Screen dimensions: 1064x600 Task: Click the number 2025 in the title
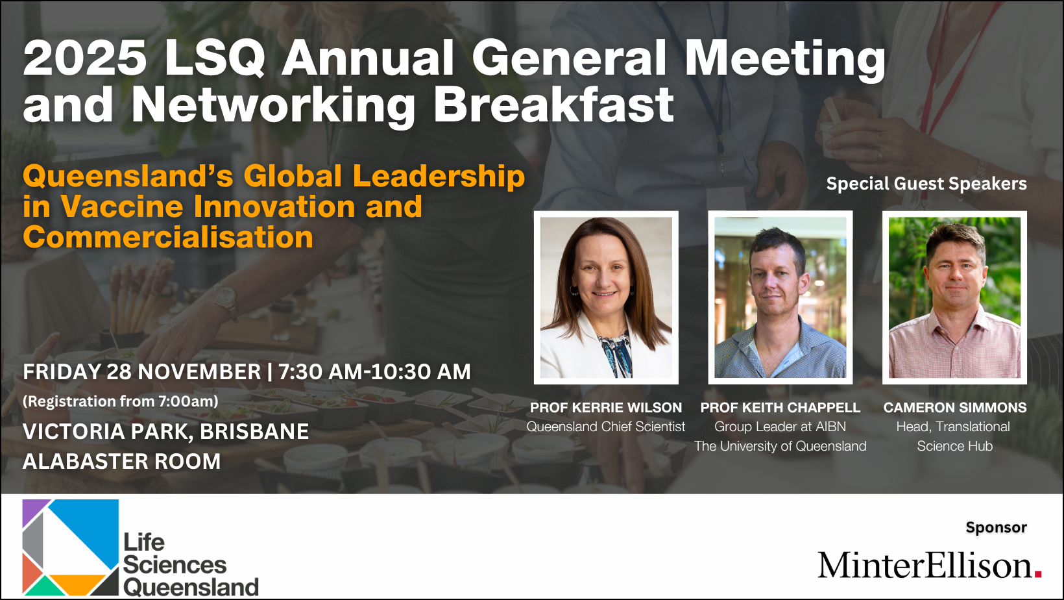(84, 58)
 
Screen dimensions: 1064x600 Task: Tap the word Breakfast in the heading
(554, 105)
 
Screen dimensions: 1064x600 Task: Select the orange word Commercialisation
(168, 237)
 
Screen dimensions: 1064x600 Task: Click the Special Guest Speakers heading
(926, 184)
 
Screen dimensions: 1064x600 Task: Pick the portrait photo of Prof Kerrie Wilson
(606, 297)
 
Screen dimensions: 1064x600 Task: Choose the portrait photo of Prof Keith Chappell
(780, 297)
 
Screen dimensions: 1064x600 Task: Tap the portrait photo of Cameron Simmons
(955, 297)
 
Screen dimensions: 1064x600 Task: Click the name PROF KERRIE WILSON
(606, 407)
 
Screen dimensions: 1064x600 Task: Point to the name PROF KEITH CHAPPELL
(780, 407)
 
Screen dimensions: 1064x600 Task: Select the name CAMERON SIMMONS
(955, 407)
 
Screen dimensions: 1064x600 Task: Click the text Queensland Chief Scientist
(606, 427)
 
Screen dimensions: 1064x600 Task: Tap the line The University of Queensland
(780, 446)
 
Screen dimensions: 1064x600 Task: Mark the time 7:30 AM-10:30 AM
(375, 372)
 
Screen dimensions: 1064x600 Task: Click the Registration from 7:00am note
(121, 401)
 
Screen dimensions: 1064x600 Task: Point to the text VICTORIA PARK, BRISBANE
(166, 432)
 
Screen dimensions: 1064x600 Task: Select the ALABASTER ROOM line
(121, 462)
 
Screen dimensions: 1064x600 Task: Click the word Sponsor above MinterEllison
(997, 527)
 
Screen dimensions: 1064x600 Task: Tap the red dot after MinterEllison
(1038, 574)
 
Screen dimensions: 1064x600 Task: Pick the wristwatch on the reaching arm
(224, 297)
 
